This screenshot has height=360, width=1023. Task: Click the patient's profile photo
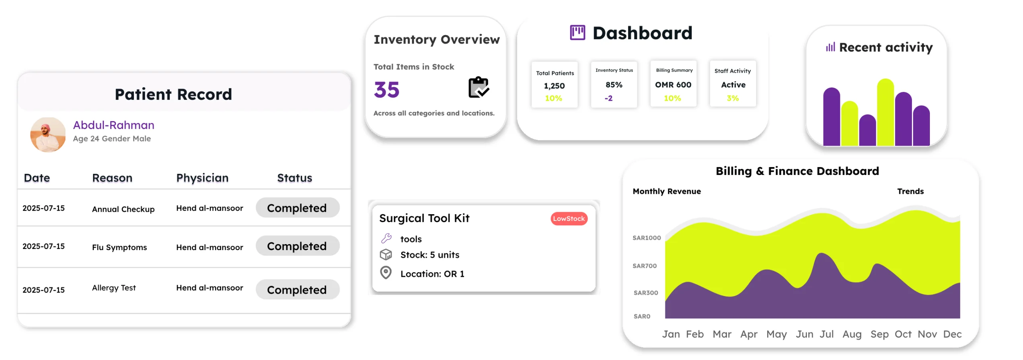click(48, 135)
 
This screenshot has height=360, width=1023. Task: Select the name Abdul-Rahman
click(113, 125)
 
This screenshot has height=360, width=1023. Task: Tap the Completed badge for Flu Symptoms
click(297, 246)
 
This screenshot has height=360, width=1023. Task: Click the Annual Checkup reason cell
click(123, 209)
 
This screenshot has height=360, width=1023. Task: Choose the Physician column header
click(202, 178)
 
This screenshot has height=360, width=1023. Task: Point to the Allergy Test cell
click(114, 288)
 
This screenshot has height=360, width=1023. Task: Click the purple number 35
click(386, 90)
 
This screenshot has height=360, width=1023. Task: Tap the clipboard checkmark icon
click(478, 88)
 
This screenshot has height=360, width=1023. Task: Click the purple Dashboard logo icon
click(577, 33)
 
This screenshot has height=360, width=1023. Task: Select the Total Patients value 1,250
click(554, 86)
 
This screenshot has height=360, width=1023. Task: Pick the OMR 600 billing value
click(673, 85)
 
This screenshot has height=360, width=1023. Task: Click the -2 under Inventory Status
click(608, 98)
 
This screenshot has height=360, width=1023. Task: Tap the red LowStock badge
click(569, 219)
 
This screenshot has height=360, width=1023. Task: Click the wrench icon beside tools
click(386, 239)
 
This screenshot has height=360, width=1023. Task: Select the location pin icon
click(386, 273)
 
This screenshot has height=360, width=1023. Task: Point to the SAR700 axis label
click(644, 266)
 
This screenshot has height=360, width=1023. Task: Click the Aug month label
click(852, 334)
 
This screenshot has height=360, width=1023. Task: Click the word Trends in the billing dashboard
click(910, 191)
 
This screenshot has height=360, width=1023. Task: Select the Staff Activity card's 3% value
click(732, 98)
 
